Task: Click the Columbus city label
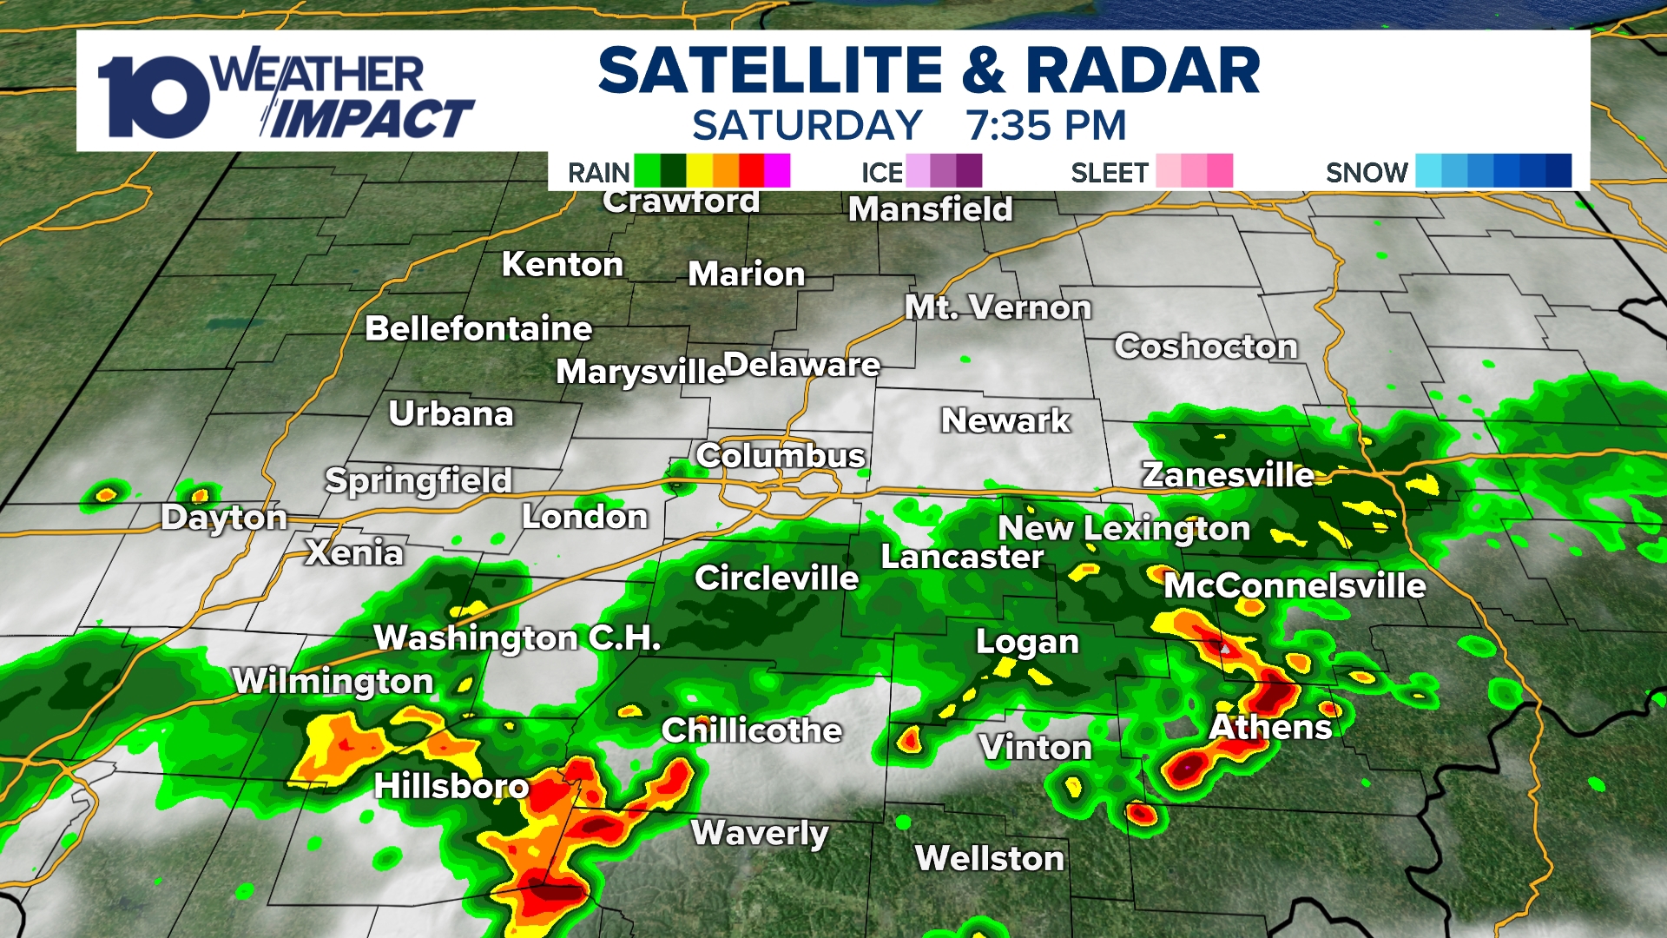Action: [x=780, y=456]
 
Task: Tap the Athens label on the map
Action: [x=1270, y=727]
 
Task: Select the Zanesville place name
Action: [x=1228, y=475]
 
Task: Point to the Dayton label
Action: [x=224, y=518]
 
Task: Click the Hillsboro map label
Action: [x=451, y=786]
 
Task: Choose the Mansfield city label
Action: [x=930, y=209]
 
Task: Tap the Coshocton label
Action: [x=1206, y=347]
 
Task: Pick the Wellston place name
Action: [x=989, y=858]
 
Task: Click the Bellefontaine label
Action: [x=478, y=329]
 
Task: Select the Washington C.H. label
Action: [x=517, y=638]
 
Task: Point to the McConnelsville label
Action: [x=1294, y=585]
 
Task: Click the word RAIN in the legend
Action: [x=598, y=172]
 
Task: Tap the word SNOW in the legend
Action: [x=1366, y=172]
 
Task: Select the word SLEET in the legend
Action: [x=1109, y=172]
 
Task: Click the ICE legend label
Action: [x=881, y=172]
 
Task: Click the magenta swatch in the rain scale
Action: [x=777, y=170]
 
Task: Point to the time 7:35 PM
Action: [x=1045, y=126]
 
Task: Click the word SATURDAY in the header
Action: [x=807, y=126]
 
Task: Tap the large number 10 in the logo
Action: [x=153, y=97]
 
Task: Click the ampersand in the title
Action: [x=983, y=71]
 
